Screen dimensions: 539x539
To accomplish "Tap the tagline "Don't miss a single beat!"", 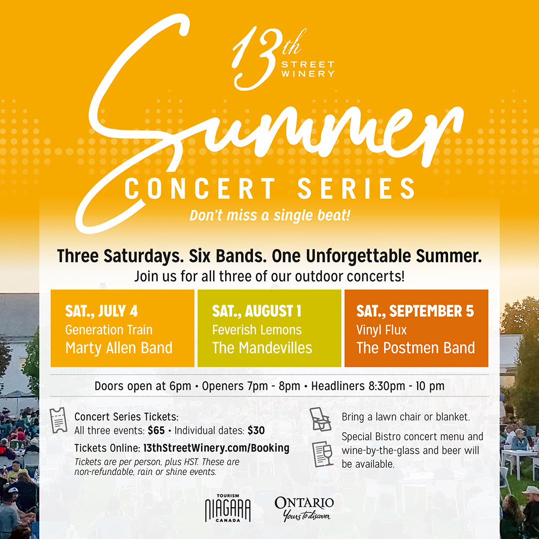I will (270, 216).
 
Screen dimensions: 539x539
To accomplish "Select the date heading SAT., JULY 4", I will (101, 311).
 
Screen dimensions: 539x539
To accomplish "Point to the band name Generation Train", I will (109, 330).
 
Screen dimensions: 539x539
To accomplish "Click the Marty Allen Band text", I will (119, 348).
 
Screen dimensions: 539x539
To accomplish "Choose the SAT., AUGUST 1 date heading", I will (257, 311).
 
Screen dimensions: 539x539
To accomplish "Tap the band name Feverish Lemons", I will (257, 330).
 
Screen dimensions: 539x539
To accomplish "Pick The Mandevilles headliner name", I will (262, 348).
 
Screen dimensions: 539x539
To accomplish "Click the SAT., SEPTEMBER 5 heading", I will (415, 311).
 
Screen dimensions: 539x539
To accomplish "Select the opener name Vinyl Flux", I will (381, 330).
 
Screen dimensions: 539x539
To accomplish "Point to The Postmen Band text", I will (416, 348).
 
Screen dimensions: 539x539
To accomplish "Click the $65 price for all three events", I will (156, 430).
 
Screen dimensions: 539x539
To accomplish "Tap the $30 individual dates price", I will (256, 430).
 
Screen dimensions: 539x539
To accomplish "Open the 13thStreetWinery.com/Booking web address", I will (216, 448).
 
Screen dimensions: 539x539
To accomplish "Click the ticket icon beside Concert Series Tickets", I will (58, 420).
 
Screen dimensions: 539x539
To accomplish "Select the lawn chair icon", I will (319, 419).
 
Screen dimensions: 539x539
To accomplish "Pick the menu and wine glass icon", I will (322, 454).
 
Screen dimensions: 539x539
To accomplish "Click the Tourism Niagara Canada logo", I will (228, 508).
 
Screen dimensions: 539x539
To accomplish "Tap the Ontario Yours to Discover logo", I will (304, 508).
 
